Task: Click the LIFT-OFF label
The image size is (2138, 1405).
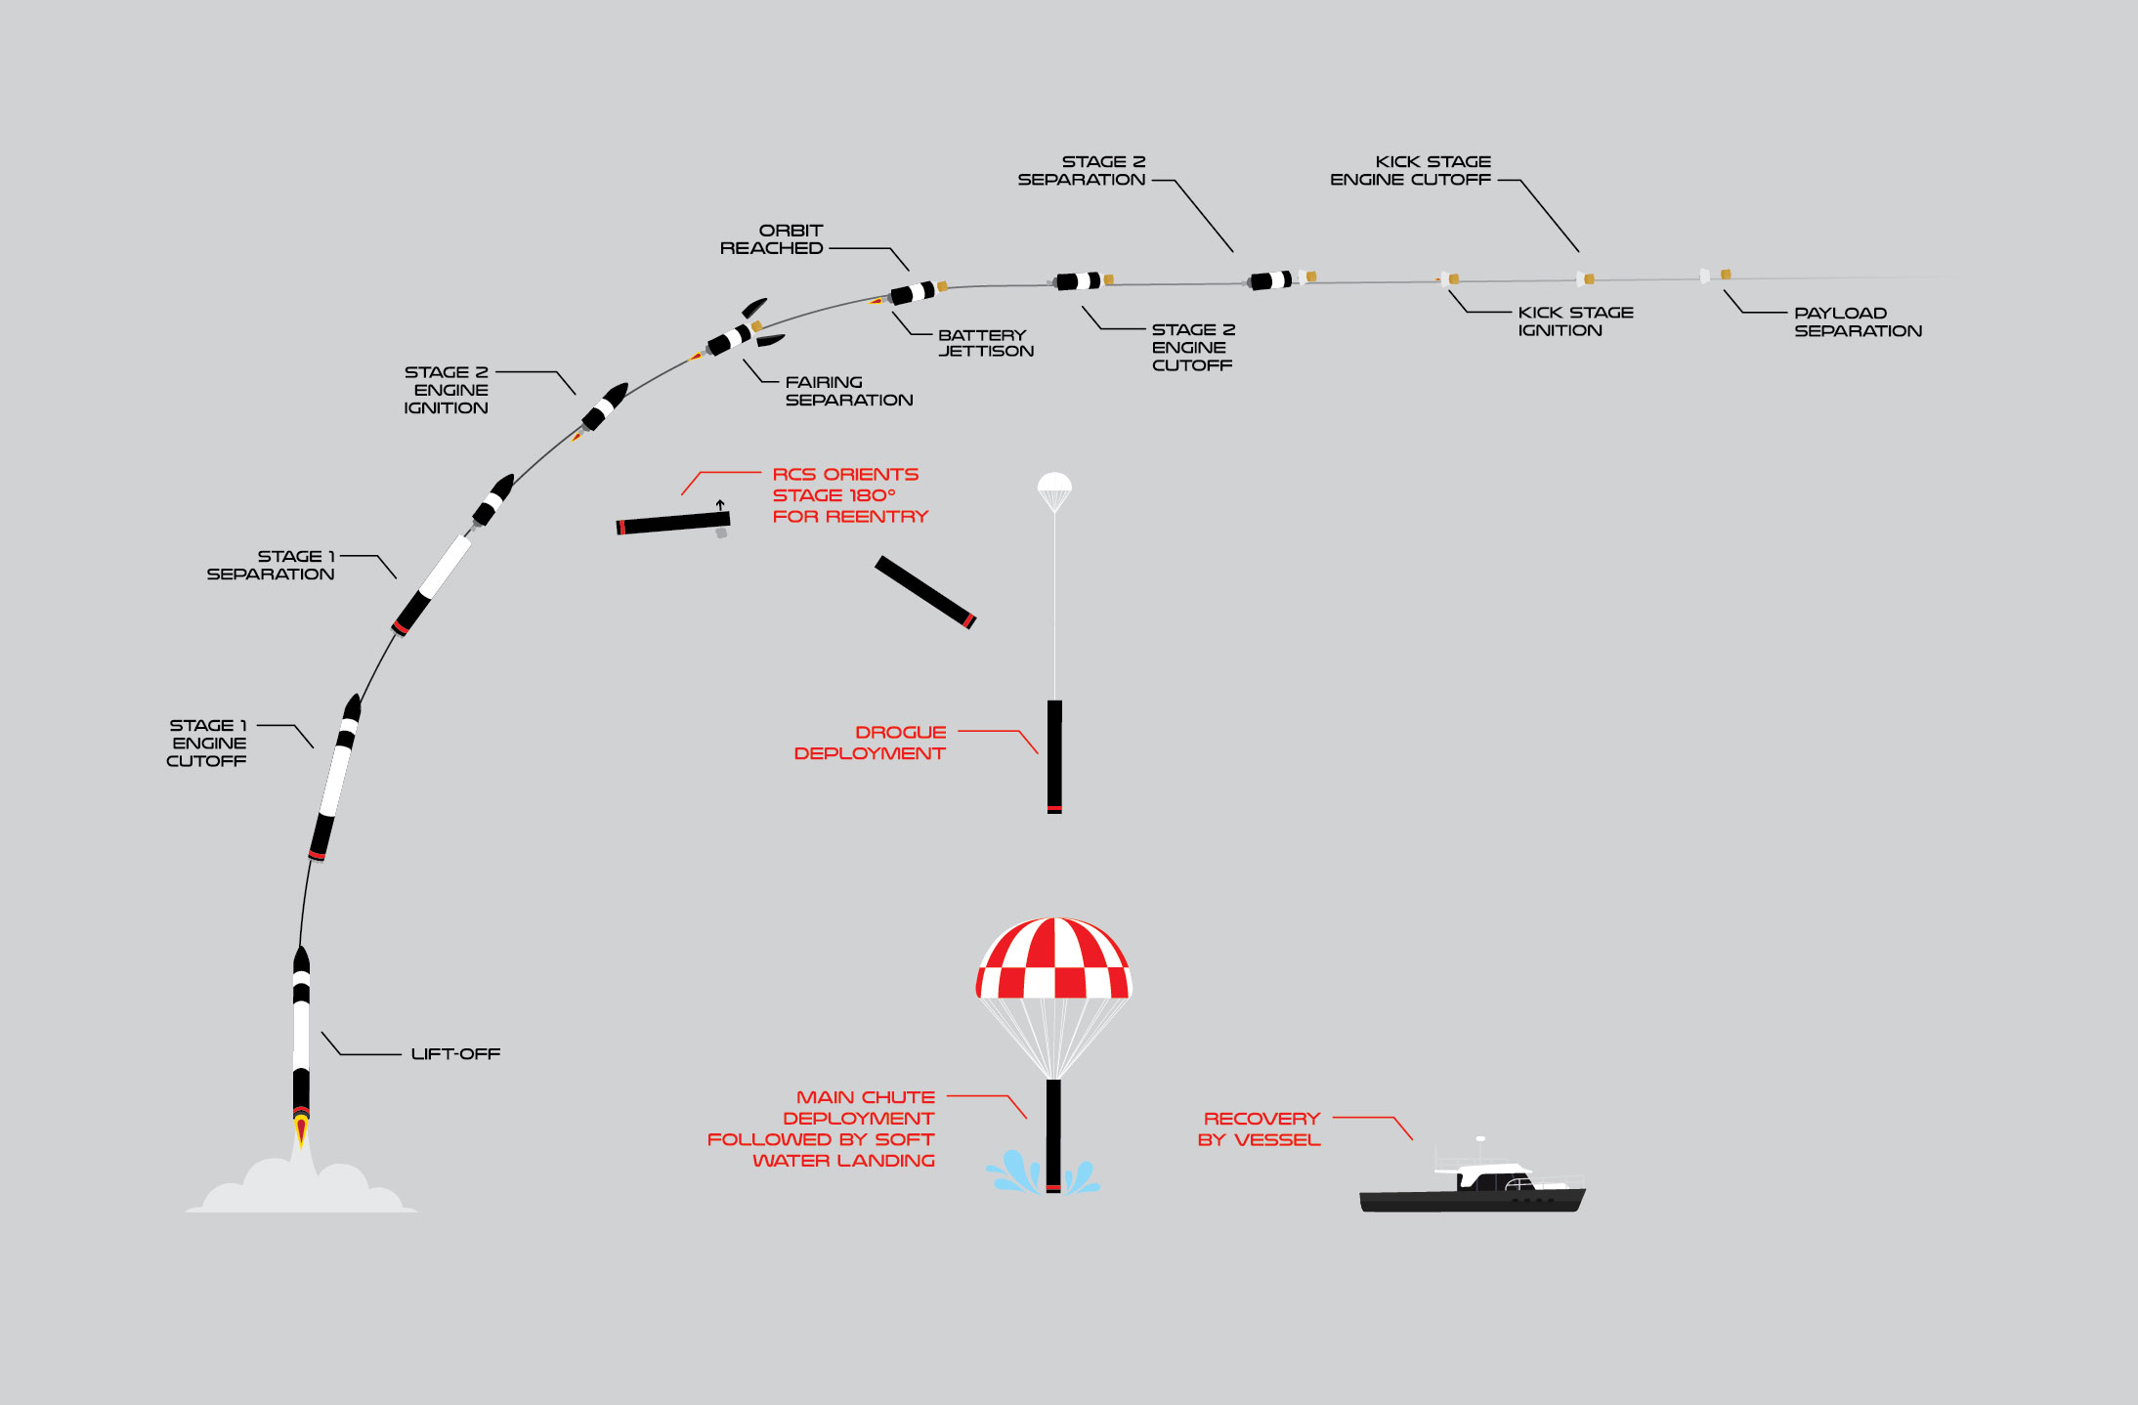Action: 455,1054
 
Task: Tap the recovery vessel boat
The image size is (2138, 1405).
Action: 1472,1189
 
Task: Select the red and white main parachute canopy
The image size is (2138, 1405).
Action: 1053,959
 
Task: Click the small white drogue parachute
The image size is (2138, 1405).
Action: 1054,486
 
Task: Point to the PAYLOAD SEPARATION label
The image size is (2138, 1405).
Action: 1857,322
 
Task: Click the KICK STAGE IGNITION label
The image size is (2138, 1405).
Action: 1574,321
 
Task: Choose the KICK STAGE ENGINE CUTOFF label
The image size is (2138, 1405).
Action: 1410,171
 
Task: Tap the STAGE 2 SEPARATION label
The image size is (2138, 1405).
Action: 1082,171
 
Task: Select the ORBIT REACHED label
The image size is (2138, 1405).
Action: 772,239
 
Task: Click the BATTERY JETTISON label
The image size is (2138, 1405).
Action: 985,343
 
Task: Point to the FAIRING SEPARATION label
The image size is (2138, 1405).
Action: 848,391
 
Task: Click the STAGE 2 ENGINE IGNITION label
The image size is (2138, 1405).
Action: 447,390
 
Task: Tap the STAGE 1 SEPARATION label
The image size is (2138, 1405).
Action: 271,565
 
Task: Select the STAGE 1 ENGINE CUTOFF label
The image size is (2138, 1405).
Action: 207,743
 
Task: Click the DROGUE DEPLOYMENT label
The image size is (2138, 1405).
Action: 870,743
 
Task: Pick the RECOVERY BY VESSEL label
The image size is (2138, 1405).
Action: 1260,1128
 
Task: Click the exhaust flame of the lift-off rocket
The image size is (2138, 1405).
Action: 302,1131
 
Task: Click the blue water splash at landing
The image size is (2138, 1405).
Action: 1016,1173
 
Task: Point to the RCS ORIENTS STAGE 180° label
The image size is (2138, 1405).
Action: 848,495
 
